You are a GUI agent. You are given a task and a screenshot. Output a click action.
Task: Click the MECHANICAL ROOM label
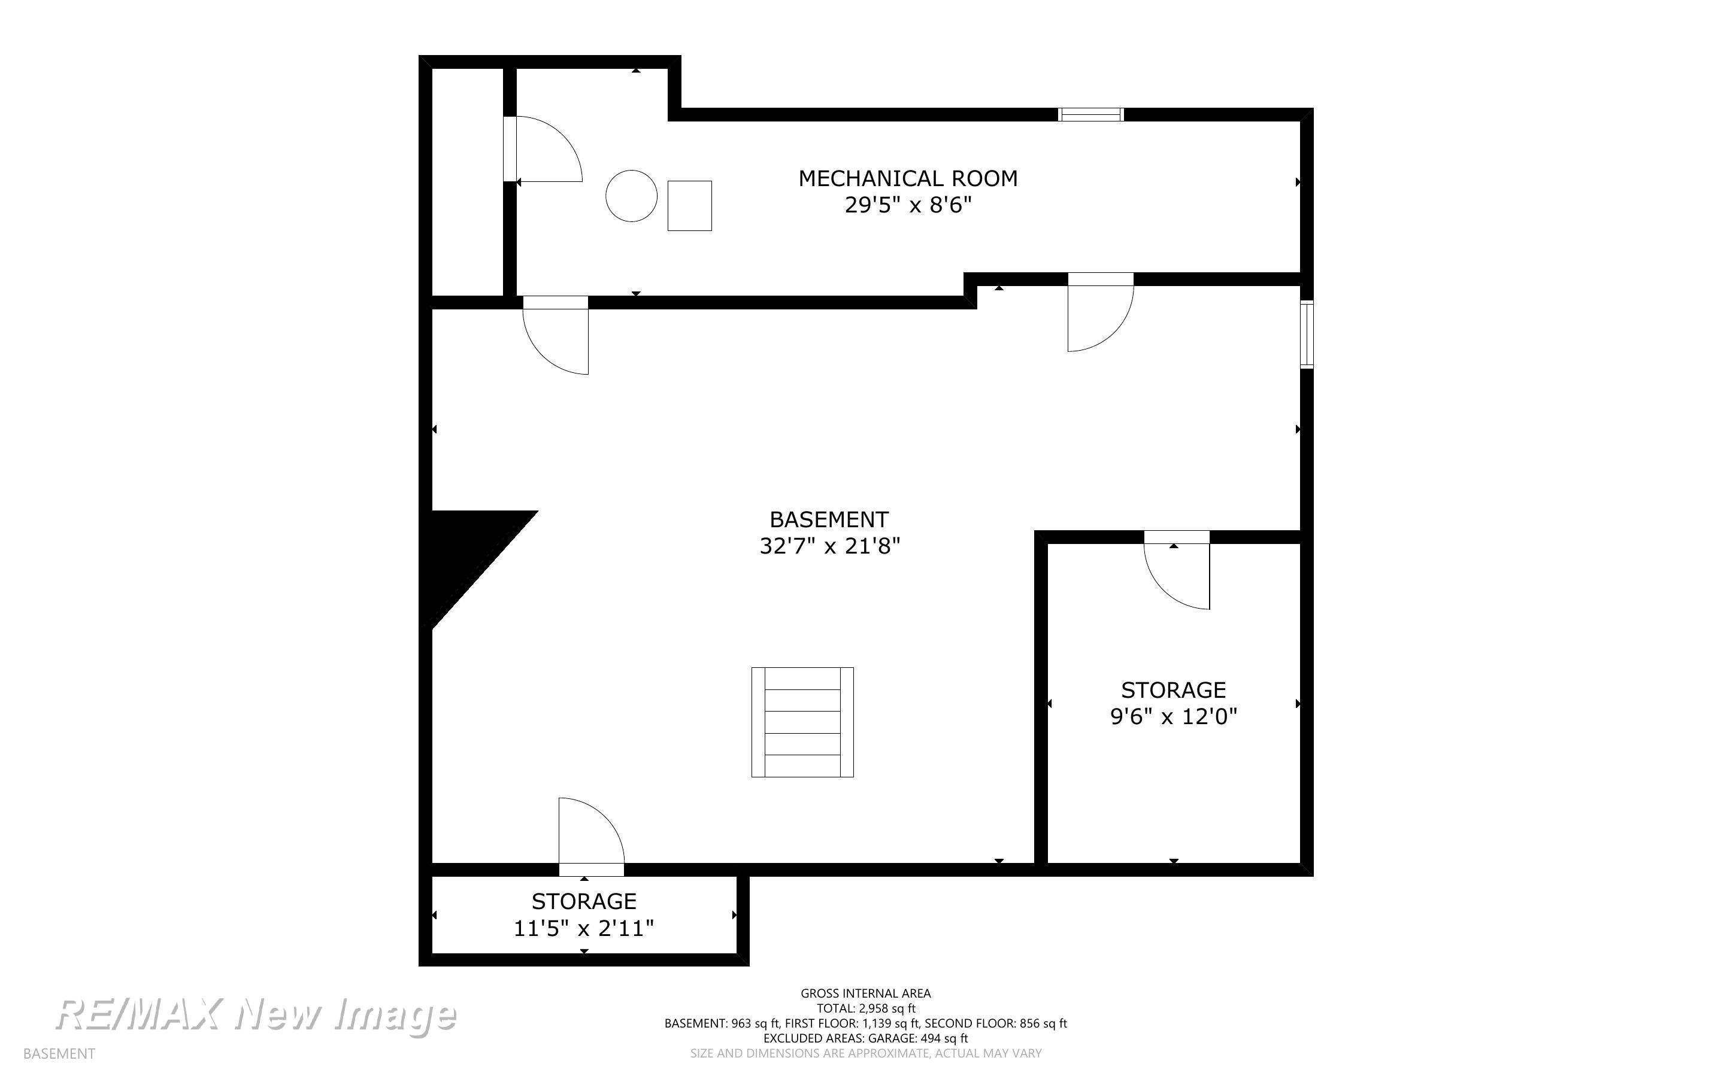908,178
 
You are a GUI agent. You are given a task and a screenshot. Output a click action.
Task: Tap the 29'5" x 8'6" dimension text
908,205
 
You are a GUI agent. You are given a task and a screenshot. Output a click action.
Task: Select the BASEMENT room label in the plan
829,519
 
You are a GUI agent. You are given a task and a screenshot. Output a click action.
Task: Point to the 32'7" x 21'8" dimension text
829,546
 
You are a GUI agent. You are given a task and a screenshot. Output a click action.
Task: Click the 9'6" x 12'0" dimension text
1173,716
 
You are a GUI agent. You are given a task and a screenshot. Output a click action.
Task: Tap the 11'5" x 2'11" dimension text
584,928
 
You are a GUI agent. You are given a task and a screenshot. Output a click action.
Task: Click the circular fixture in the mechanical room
631,195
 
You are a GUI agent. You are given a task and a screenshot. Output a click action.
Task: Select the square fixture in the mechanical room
689,205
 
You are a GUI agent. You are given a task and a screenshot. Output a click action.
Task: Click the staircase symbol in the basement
802,722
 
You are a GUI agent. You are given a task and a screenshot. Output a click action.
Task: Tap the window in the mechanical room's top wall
1091,114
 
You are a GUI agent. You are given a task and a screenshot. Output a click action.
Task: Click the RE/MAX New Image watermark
256,1015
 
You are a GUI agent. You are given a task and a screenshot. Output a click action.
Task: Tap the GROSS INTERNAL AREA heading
865,993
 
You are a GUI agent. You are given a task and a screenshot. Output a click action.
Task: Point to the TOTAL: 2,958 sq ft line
865,1008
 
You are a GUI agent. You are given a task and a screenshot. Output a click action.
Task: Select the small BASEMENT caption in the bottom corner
59,1054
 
